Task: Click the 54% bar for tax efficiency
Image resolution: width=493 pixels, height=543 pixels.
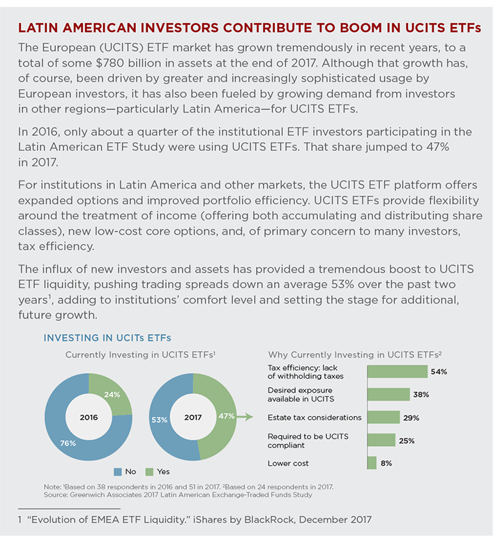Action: (x=397, y=372)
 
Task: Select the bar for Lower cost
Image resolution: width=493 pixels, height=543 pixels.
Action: (x=372, y=463)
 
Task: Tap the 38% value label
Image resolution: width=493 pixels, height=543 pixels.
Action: (x=421, y=395)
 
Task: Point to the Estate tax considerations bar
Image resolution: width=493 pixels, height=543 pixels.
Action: (x=384, y=417)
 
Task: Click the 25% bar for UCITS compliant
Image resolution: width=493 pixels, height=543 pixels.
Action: (x=381, y=440)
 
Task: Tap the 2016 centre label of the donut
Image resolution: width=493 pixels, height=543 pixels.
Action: (x=89, y=417)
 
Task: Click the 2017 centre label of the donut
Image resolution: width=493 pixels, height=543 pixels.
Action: (x=193, y=417)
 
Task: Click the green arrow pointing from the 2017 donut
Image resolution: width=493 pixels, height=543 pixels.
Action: (x=245, y=416)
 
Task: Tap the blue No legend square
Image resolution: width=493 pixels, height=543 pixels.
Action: (x=118, y=472)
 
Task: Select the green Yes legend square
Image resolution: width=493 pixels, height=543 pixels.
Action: (x=149, y=472)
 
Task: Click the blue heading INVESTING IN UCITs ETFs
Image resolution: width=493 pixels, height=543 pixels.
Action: (x=107, y=338)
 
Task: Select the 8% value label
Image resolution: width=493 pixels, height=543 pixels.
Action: (x=386, y=463)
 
